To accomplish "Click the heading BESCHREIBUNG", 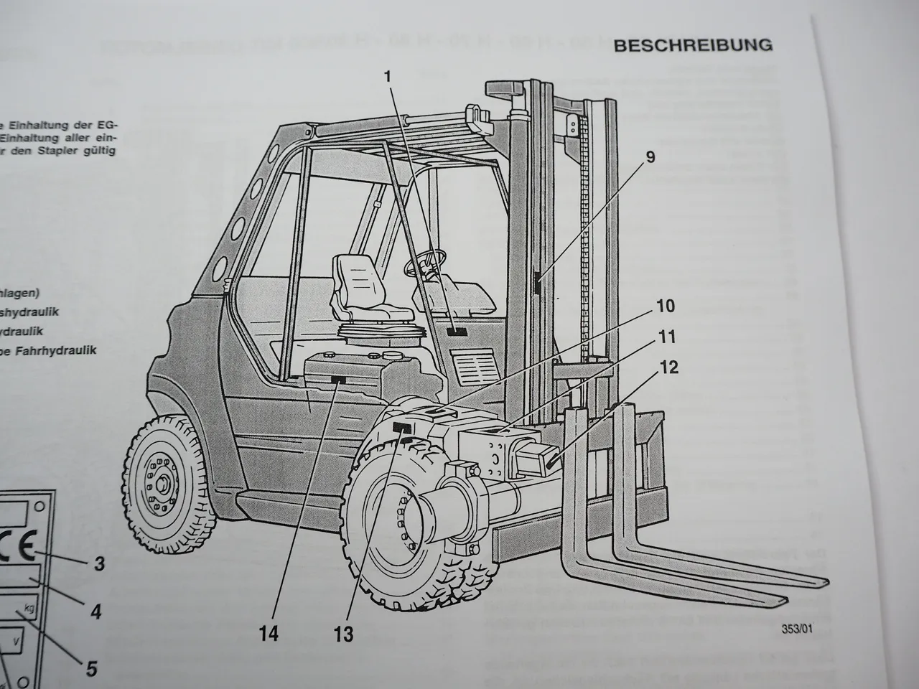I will (692, 45).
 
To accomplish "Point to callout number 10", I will (665, 306).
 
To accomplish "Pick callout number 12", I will (669, 368).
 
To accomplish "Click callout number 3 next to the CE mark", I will (100, 563).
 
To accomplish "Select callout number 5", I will (90, 669).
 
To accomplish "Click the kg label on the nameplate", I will (29, 609).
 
